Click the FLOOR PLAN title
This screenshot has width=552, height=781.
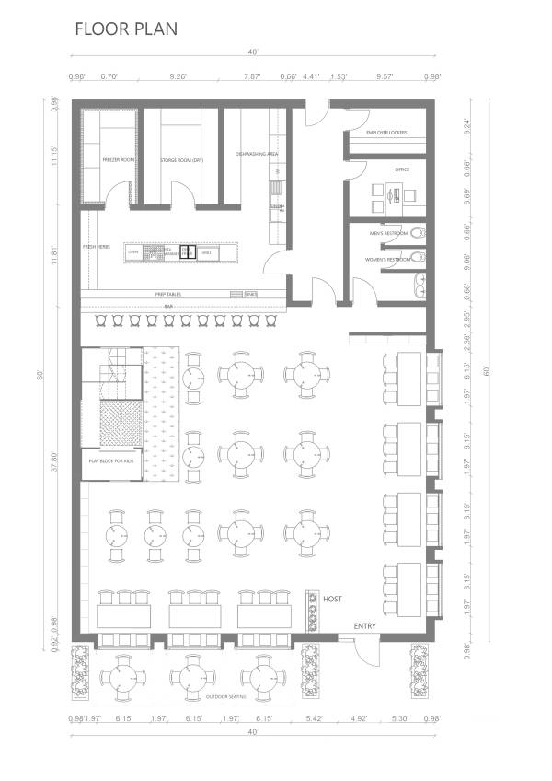pyautogui.click(x=126, y=29)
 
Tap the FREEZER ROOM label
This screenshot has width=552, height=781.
pyautogui.click(x=119, y=160)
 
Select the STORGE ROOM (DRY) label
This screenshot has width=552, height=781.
pyautogui.click(x=181, y=160)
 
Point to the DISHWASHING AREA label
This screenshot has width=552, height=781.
pyautogui.click(x=257, y=154)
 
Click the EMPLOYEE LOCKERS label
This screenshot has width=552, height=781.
pyautogui.click(x=386, y=133)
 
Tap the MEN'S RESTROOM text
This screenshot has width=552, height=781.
pyautogui.click(x=387, y=233)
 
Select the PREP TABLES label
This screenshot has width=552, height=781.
pyautogui.click(x=168, y=294)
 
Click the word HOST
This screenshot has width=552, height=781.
pyautogui.click(x=333, y=600)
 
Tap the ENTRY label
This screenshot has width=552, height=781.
pyautogui.click(x=365, y=627)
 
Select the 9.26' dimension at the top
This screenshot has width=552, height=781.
pyautogui.click(x=178, y=77)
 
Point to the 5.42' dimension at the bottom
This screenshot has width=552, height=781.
pyautogui.click(x=314, y=718)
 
